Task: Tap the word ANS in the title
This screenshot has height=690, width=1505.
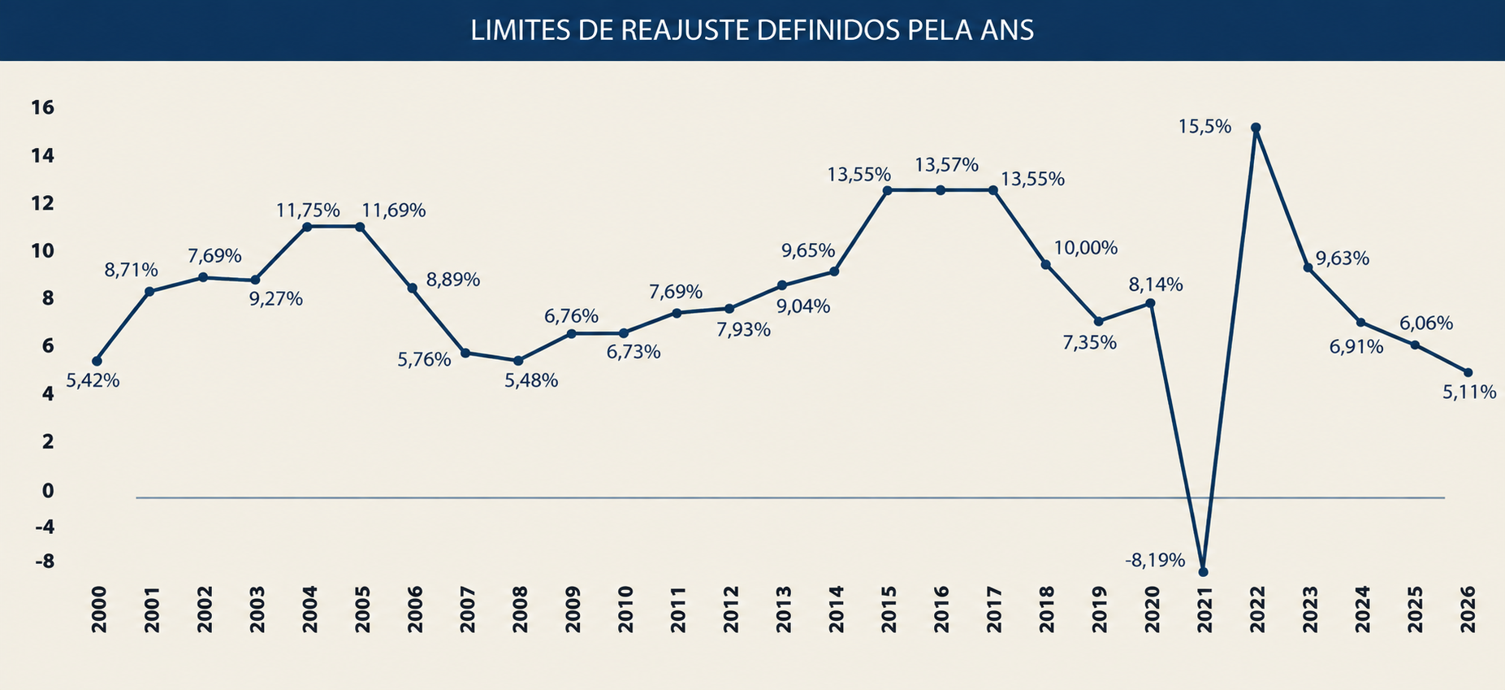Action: click(1007, 31)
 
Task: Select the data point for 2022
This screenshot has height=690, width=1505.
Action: click(1256, 128)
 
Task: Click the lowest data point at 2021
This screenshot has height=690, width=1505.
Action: click(1203, 572)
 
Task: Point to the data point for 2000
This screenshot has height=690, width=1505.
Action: click(97, 361)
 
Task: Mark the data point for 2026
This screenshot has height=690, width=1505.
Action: click(1468, 372)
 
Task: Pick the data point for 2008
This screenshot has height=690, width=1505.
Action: click(518, 361)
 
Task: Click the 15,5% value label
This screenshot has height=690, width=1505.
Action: click(1205, 127)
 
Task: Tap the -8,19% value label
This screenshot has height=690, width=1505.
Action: click(1155, 560)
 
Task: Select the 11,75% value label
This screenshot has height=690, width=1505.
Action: click(308, 210)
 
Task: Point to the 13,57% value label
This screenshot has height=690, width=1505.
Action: click(946, 165)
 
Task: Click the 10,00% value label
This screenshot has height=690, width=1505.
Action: click(1086, 248)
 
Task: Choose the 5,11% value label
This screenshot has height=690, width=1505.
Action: click(1469, 393)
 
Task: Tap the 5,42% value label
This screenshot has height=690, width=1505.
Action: click(93, 380)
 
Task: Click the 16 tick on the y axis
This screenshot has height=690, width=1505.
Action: click(42, 107)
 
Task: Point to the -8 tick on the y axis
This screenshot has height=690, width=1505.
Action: click(44, 562)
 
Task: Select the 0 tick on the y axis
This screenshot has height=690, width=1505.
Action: click(48, 491)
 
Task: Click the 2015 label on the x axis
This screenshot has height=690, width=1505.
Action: click(889, 610)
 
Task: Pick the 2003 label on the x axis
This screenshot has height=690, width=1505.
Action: click(257, 610)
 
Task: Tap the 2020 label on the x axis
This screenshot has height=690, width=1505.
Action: click(1152, 610)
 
